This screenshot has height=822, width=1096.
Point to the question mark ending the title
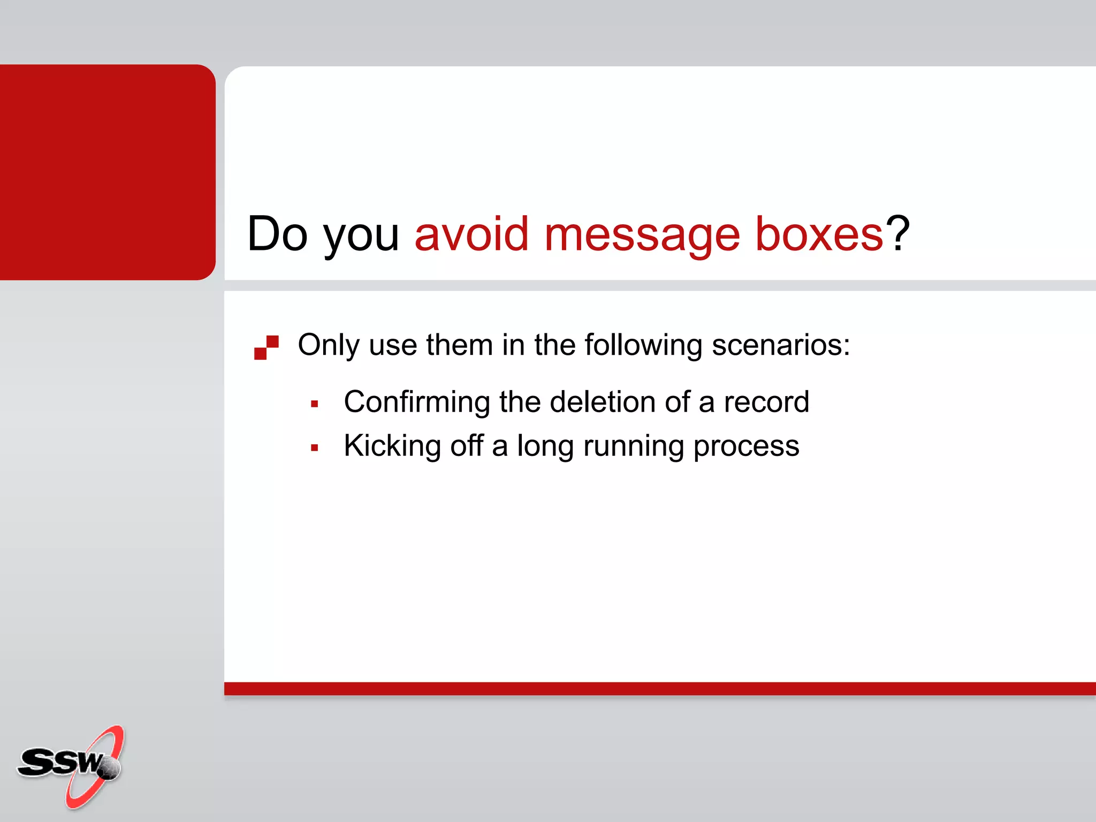pos(897,233)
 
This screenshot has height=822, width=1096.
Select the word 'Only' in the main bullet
pos(328,345)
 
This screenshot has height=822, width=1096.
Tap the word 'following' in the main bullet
pos(643,345)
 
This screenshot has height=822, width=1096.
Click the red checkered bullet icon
pos(266,347)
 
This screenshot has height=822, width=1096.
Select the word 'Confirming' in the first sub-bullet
pos(416,402)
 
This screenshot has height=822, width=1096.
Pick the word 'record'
pos(766,402)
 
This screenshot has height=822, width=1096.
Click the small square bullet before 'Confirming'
pos(315,405)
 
